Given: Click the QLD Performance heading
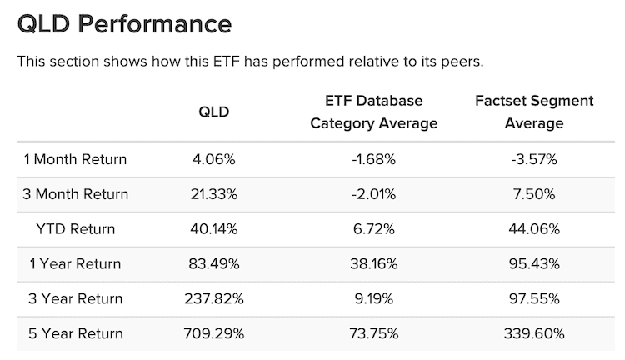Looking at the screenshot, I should [x=124, y=24].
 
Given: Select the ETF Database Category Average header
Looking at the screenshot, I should [x=373, y=112].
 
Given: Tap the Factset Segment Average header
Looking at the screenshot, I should [x=533, y=112].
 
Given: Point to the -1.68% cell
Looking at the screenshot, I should [x=373, y=160].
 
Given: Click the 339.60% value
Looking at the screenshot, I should [x=533, y=333].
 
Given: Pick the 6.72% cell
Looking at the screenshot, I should [x=373, y=229].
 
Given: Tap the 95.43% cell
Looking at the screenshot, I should [x=533, y=264].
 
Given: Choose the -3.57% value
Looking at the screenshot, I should [x=533, y=160].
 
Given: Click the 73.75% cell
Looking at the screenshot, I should [x=373, y=333].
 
